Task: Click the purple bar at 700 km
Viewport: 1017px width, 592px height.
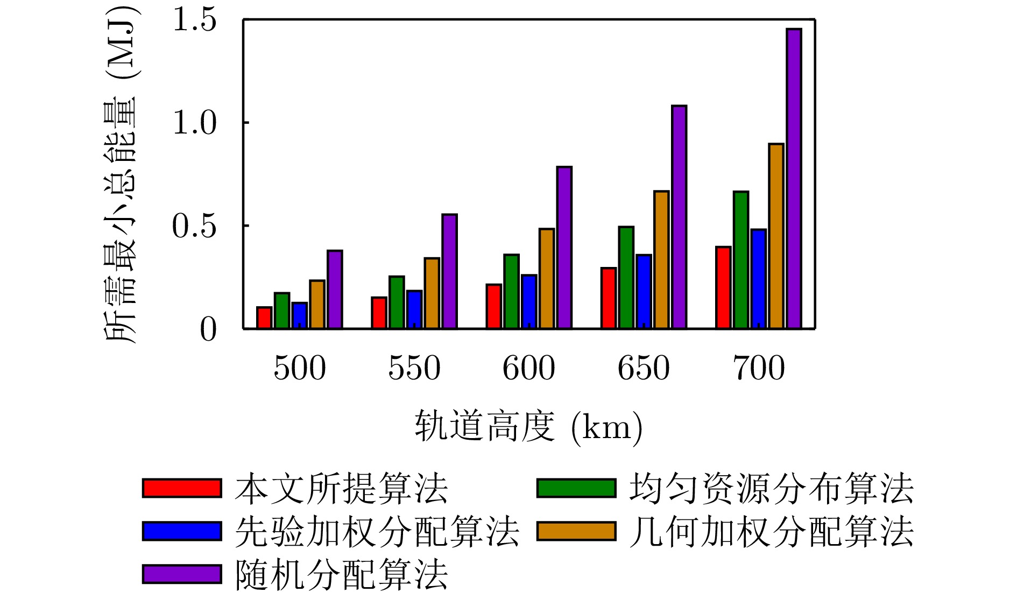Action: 794,179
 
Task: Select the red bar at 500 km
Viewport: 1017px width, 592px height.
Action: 264,318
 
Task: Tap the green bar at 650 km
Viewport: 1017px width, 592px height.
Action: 626,278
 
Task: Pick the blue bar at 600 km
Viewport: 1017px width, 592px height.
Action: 529,302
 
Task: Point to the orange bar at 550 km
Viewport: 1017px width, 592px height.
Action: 432,293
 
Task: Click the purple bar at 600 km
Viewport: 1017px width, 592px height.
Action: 564,248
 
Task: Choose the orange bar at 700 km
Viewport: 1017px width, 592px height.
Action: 776,236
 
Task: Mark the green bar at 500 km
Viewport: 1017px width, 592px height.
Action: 282,311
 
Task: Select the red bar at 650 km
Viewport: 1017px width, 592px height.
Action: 609,298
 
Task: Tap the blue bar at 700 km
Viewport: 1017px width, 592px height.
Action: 758,279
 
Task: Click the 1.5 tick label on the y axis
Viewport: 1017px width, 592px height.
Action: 194,20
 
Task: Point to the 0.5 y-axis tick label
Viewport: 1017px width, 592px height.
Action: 194,226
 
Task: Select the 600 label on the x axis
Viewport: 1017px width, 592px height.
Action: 529,368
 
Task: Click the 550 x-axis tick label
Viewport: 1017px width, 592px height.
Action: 414,368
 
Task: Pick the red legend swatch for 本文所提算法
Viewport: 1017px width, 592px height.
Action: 182,488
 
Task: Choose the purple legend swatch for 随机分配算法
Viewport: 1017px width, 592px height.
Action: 182,574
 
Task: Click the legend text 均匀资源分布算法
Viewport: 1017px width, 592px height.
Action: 772,489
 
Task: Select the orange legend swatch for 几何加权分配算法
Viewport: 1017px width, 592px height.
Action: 576,531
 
